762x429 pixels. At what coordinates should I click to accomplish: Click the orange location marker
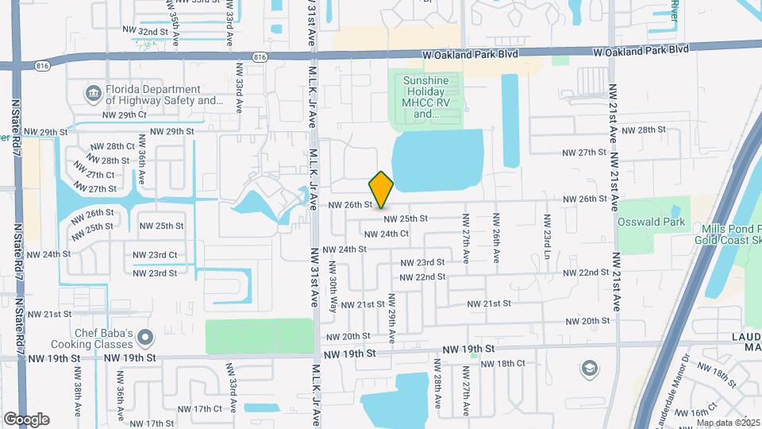pyautogui.click(x=382, y=189)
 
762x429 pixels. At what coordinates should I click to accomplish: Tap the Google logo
pyautogui.click(x=26, y=419)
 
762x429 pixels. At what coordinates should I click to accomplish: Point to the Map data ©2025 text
pyautogui.click(x=728, y=423)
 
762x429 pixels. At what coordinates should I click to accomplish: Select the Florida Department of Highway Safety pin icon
pyautogui.click(x=94, y=95)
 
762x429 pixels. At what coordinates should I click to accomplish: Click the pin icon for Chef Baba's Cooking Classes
pyautogui.click(x=144, y=339)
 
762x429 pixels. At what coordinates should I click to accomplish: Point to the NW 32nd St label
pyautogui.click(x=142, y=31)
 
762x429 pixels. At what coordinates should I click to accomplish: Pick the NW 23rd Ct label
pyautogui.click(x=155, y=255)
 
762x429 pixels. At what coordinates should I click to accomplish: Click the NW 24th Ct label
pyautogui.click(x=387, y=234)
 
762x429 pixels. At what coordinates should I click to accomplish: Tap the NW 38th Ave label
pyautogui.click(x=79, y=392)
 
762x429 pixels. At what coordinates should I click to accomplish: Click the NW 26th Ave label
pyautogui.click(x=496, y=238)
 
